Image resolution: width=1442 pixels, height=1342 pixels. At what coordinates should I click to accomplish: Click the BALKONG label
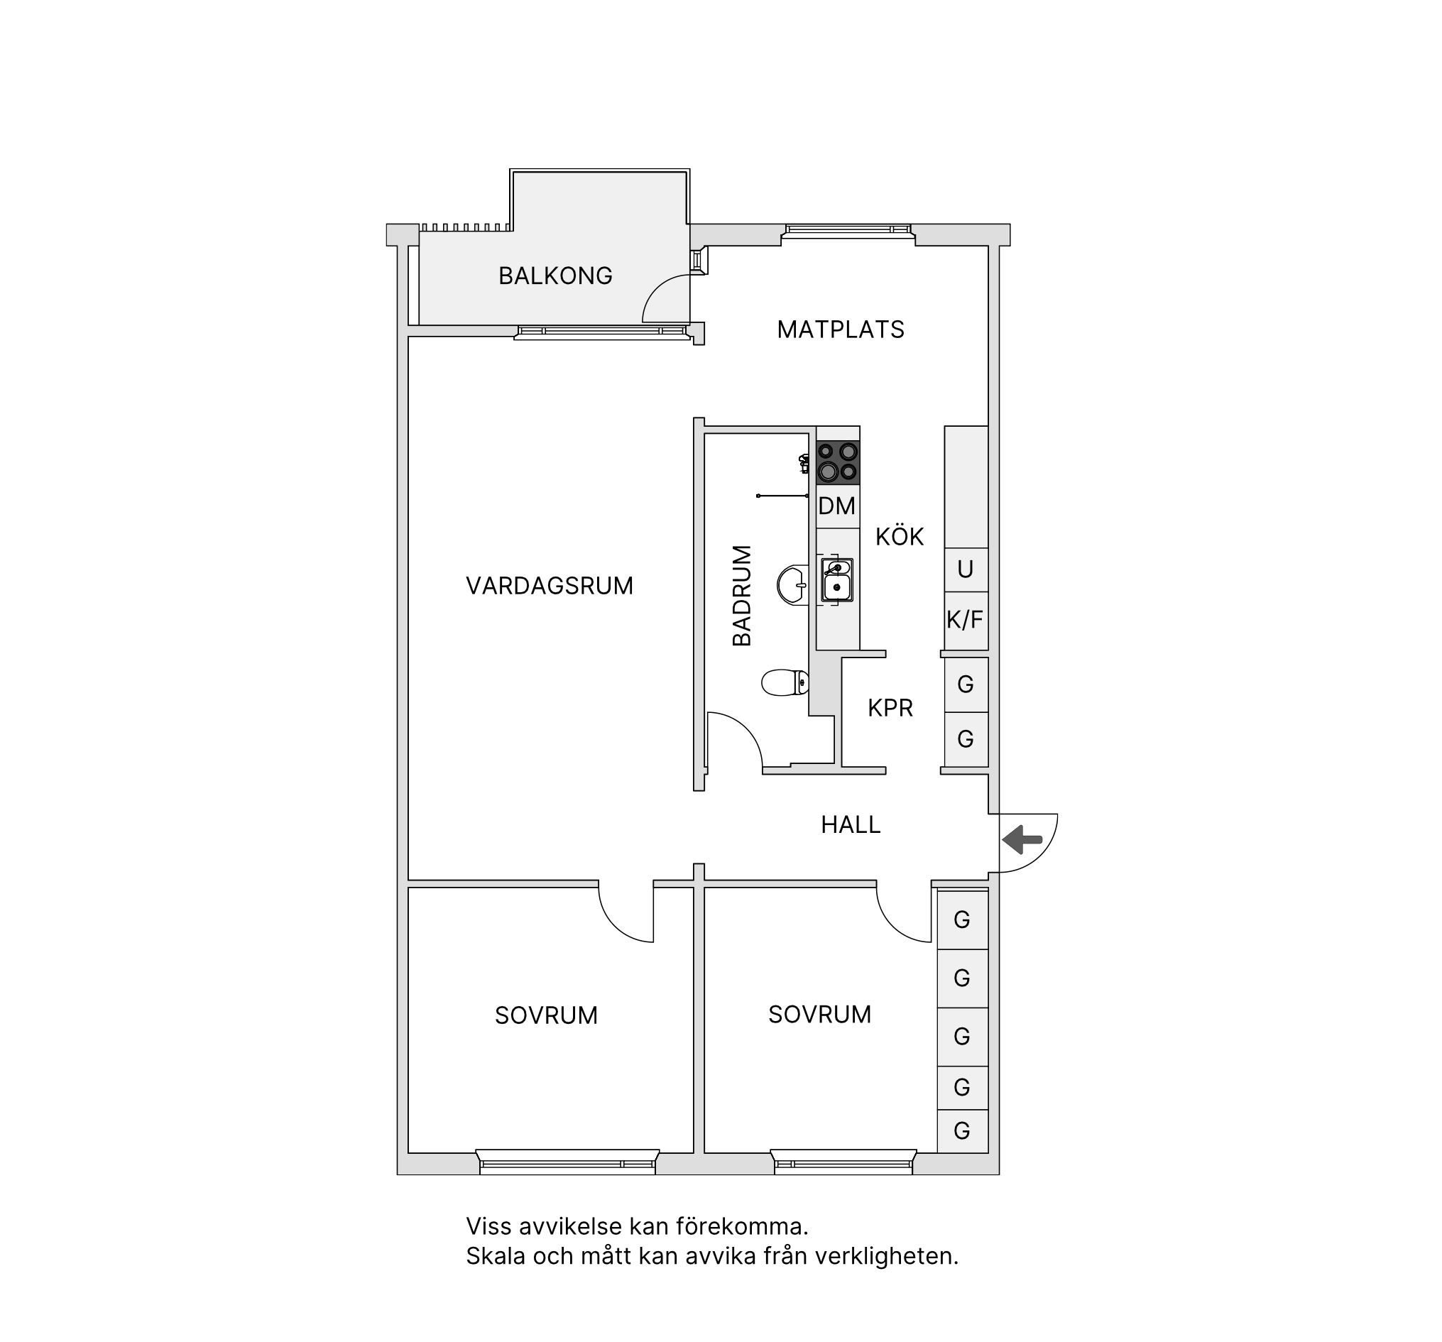tap(556, 276)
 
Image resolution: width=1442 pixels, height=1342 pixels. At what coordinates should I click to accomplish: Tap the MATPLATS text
tap(841, 330)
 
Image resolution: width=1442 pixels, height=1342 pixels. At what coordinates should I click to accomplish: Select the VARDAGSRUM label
tap(550, 586)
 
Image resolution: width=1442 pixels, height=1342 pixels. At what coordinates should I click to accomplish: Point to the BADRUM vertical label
tap(742, 596)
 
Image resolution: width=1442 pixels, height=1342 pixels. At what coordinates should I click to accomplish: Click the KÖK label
tap(900, 537)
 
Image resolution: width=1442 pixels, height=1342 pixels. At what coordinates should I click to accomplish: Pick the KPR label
tap(890, 708)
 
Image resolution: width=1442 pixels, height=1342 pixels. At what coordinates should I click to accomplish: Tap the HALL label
tap(851, 825)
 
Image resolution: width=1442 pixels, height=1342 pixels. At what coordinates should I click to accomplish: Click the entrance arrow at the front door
tap(1022, 840)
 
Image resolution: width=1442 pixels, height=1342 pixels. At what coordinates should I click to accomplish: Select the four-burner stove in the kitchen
tap(838, 463)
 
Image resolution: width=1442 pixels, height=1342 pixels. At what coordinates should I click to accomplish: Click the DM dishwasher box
tap(838, 506)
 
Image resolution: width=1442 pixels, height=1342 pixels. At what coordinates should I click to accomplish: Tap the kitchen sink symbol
tap(837, 580)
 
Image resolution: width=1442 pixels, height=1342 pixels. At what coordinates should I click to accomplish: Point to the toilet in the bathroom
tap(785, 682)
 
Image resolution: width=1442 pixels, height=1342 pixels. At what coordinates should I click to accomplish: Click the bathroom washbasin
tap(792, 584)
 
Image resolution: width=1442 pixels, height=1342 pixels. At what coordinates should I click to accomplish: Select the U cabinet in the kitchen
tap(966, 570)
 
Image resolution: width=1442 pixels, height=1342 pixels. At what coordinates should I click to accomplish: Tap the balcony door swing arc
tap(657, 290)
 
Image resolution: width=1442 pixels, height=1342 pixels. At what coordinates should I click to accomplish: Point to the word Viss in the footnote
tap(485, 1227)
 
